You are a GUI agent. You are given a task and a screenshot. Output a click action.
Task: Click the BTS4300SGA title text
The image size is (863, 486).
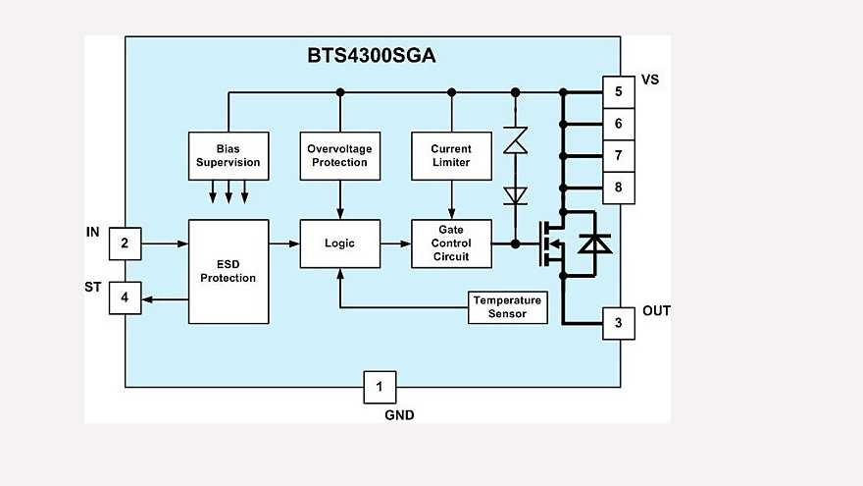(x=372, y=56)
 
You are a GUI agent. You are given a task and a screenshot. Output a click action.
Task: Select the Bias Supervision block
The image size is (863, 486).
(x=228, y=155)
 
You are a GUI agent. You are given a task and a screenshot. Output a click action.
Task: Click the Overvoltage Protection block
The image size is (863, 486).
(x=339, y=155)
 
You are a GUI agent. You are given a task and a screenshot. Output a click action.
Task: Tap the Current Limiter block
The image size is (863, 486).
(x=451, y=155)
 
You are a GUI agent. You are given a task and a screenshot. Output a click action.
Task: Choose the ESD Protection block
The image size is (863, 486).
(x=228, y=271)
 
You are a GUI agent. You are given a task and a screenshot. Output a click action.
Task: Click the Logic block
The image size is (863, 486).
(x=339, y=243)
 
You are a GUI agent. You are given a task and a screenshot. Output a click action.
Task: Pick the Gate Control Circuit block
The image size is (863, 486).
(x=451, y=243)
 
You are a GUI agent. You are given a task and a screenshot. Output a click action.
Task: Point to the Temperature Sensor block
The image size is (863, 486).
(x=507, y=307)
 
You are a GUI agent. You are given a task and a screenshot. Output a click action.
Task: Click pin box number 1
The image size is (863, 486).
(x=380, y=387)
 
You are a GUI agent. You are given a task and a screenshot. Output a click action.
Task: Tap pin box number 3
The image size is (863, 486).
(x=618, y=323)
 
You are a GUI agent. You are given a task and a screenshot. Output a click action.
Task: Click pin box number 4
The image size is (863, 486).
(x=125, y=297)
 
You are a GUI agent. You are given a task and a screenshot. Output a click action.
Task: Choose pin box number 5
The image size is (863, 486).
(x=618, y=92)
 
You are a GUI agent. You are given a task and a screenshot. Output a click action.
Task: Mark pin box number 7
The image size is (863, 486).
(x=618, y=155)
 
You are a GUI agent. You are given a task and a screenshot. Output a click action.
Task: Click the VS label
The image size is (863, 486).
(x=649, y=80)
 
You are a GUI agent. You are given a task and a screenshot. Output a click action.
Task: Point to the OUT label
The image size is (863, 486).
(x=656, y=311)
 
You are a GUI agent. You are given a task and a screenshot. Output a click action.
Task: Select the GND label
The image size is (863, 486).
(x=399, y=415)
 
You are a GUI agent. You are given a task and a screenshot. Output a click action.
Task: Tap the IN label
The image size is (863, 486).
(x=93, y=232)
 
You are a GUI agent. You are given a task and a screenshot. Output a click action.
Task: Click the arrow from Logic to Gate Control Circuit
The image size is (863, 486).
(x=394, y=243)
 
